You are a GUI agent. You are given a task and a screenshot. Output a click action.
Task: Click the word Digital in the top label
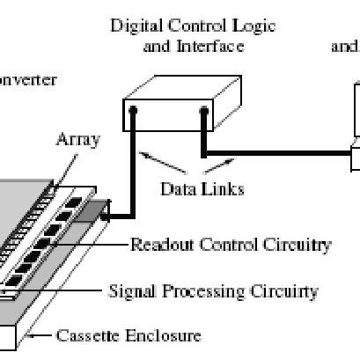(131, 26)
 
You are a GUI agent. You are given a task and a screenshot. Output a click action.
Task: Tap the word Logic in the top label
(256, 26)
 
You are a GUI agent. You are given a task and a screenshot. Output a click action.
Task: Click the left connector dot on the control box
(133, 111)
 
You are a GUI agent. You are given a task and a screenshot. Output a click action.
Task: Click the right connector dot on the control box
(204, 111)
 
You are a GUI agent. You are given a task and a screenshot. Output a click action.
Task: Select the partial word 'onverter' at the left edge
(28, 81)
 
